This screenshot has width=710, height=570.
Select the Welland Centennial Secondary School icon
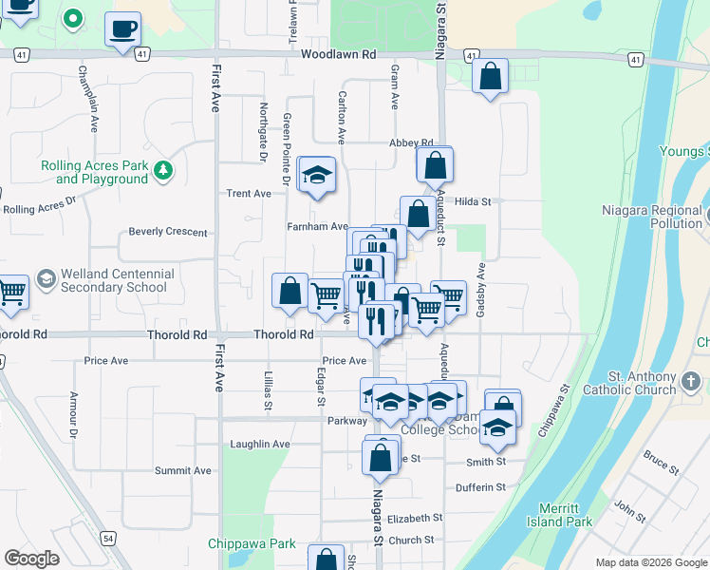click(46, 279)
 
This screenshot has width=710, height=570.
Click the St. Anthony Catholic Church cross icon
click(691, 383)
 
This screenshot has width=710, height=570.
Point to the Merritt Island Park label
click(565, 515)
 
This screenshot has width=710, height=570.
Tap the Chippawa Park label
click(252, 544)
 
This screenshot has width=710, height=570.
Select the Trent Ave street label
click(249, 194)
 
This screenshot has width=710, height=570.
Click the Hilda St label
click(473, 201)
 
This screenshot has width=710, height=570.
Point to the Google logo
click(31, 559)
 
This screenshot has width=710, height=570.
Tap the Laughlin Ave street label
click(260, 444)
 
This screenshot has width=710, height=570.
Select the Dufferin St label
click(480, 487)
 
